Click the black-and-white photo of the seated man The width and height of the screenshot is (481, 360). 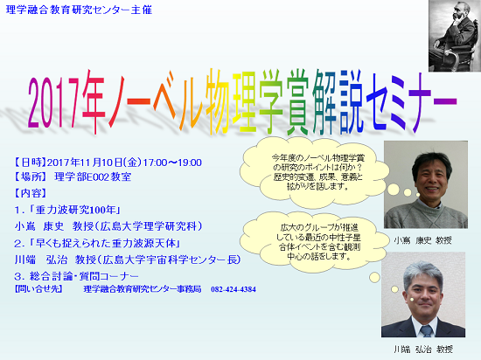tap(455, 36)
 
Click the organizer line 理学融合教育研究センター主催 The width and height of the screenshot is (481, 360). tap(79, 10)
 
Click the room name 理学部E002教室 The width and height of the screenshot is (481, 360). tap(93, 177)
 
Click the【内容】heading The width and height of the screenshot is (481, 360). tap(31, 193)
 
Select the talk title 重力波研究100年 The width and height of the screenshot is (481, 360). tap(75, 210)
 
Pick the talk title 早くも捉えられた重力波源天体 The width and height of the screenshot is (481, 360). tap(106, 243)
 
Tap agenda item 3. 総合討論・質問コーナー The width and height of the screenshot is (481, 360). tap(76, 276)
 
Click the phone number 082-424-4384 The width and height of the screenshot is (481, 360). tap(234, 289)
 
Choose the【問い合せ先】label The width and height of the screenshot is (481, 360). tap(38, 289)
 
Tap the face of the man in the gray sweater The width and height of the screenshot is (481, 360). tap(432, 177)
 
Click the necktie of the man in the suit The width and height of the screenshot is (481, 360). tap(426, 331)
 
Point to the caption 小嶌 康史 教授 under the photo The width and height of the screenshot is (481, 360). tap(422, 240)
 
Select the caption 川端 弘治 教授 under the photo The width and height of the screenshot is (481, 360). tap(423, 349)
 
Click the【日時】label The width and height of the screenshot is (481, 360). tap(31, 163)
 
